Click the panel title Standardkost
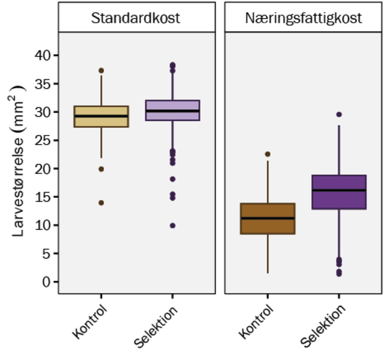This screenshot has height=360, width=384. [x=136, y=18]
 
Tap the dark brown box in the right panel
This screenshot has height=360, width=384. [x=268, y=226]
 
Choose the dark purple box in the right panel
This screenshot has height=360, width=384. [x=339, y=200]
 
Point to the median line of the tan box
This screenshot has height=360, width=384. [x=101, y=116]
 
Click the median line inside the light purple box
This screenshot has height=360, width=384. [x=172, y=110]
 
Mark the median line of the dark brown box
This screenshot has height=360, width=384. [x=268, y=218]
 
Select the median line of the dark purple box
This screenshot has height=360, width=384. [x=339, y=190]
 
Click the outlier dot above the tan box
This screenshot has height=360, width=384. [x=101, y=71]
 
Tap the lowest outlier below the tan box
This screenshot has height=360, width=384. [x=101, y=203]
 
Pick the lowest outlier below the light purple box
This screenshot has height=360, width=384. [x=172, y=226]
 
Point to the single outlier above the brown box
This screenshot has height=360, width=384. [x=268, y=154]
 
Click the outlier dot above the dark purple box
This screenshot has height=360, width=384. [x=339, y=114]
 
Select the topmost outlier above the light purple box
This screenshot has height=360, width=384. [x=172, y=64]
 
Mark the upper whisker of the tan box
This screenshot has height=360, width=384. [x=101, y=90]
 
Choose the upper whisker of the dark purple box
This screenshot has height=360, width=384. [x=339, y=150]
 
